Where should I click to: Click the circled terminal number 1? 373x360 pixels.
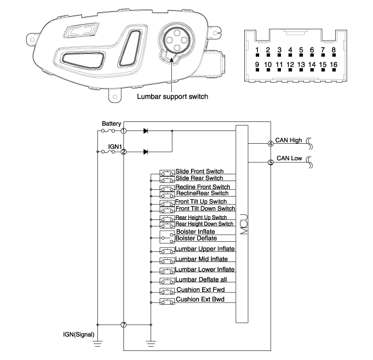pyautogui.click(x=123, y=130)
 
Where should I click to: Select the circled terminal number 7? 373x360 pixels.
pyautogui.click(x=123, y=325)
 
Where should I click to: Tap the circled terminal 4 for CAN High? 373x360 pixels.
pyautogui.click(x=271, y=144)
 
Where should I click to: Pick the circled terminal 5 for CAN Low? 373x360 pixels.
pyautogui.click(x=271, y=162)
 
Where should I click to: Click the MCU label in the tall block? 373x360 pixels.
pyautogui.click(x=244, y=224)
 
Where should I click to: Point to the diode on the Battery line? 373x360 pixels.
pyautogui.click(x=146, y=130)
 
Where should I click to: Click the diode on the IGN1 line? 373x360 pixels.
pyautogui.click(x=146, y=152)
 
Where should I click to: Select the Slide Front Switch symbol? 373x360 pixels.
pyautogui.click(x=167, y=173)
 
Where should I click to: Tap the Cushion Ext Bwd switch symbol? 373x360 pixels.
pyautogui.click(x=167, y=301)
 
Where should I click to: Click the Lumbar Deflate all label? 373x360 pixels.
pyautogui.click(x=201, y=280)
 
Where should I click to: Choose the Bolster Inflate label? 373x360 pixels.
pyautogui.click(x=195, y=232)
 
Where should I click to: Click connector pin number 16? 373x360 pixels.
pyautogui.click(x=334, y=64)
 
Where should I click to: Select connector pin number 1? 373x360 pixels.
pyautogui.click(x=257, y=50)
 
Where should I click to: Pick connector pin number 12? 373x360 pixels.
pyautogui.click(x=290, y=64)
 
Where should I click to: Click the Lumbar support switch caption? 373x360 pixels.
pyautogui.click(x=172, y=96)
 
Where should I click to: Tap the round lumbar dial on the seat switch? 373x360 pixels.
pyautogui.click(x=176, y=39)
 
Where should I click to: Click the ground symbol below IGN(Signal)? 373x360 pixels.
pyautogui.click(x=97, y=343)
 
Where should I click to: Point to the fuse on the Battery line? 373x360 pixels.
pyautogui.click(x=108, y=130)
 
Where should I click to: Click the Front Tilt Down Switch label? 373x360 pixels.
pyautogui.click(x=205, y=209)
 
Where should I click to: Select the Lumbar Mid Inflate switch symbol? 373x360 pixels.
pyautogui.click(x=167, y=261)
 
